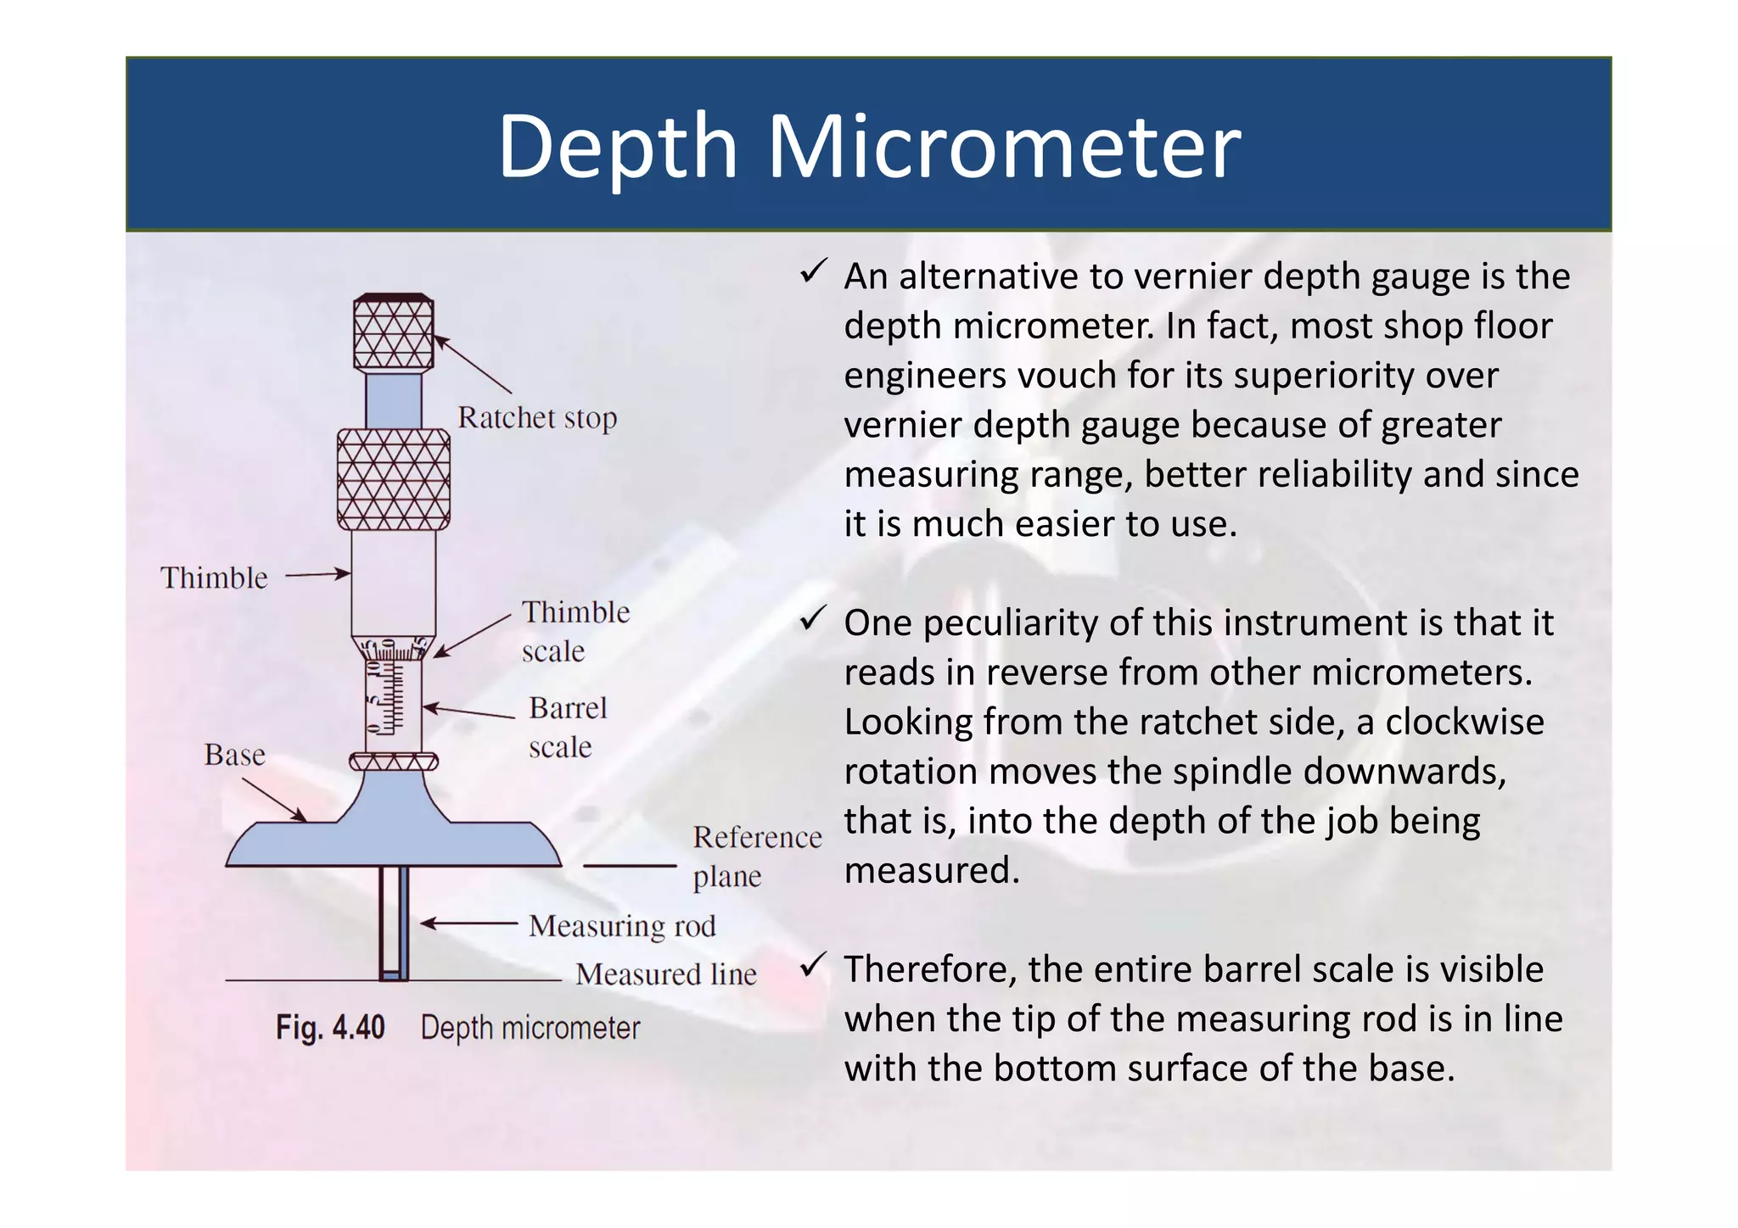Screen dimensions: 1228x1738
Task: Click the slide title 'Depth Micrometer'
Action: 868,146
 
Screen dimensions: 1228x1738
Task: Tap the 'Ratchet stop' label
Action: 537,418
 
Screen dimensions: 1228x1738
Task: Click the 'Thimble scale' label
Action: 575,631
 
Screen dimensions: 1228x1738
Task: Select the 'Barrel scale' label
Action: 567,727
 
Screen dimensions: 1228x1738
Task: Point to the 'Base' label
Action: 234,755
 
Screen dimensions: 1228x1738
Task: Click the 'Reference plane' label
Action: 756,856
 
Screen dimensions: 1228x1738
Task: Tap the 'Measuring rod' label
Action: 622,925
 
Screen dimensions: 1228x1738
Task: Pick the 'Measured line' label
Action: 665,974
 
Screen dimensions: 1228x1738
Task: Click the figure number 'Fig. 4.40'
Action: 330,1028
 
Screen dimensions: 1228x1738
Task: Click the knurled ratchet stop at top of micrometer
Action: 394,332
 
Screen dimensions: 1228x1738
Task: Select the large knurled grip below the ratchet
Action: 394,479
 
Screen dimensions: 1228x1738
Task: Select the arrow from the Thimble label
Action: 317,574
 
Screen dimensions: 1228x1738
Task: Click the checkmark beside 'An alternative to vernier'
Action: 813,273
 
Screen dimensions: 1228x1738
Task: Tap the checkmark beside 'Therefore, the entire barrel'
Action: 813,965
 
